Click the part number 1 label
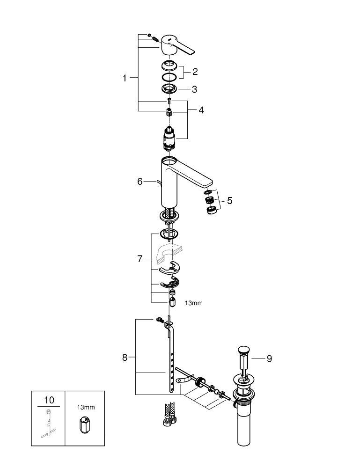(x=125, y=79)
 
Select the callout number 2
(x=195, y=72)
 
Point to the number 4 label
(x=201, y=110)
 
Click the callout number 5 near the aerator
(x=229, y=200)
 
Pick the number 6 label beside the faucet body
(x=140, y=181)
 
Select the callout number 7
(x=140, y=259)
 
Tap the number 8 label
(x=125, y=358)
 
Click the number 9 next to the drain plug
(x=269, y=359)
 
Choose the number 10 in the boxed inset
(x=49, y=400)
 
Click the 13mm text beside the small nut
(x=193, y=303)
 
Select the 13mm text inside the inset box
(x=86, y=407)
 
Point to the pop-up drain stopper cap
(x=243, y=350)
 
